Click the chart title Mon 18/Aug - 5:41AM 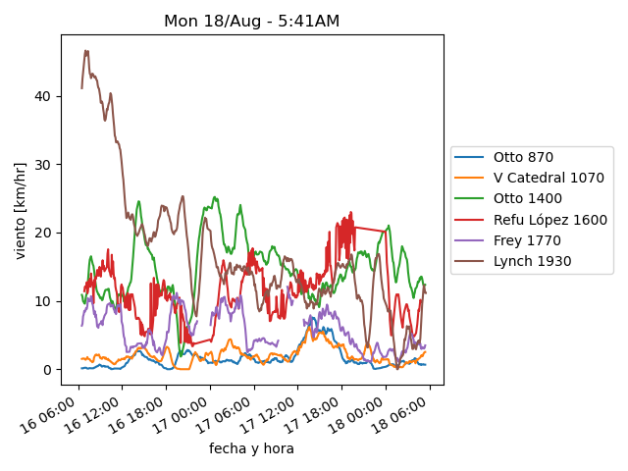click(252, 21)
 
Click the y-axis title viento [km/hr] click(21, 211)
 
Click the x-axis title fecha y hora click(251, 448)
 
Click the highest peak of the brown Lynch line click(85, 51)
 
